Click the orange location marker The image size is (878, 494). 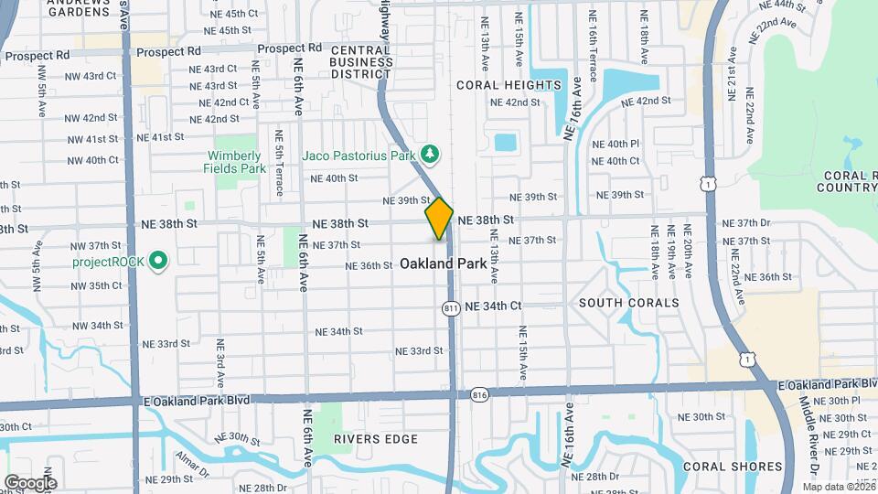click(x=439, y=219)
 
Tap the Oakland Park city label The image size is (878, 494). click(x=443, y=263)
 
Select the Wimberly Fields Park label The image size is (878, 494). click(x=236, y=162)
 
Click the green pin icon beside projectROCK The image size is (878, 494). click(x=157, y=262)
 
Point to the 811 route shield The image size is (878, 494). click(x=451, y=309)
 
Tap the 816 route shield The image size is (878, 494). click(x=480, y=394)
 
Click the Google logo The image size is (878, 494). click(x=29, y=483)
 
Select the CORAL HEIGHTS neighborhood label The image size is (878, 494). click(x=509, y=85)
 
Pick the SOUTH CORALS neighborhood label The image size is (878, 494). click(x=628, y=303)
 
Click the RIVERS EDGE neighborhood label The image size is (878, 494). click(x=362, y=439)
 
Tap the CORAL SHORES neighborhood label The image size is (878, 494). click(x=731, y=467)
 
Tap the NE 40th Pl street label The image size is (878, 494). click(x=616, y=144)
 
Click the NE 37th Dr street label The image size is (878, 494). click(x=746, y=223)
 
